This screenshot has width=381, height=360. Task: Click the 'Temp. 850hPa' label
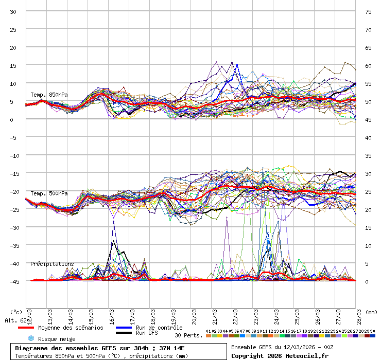point(49,95)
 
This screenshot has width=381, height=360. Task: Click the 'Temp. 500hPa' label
point(49,193)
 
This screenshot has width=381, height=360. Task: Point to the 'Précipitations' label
point(52,264)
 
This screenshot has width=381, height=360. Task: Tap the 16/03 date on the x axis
point(111,315)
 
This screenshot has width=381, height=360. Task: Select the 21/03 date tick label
point(215,315)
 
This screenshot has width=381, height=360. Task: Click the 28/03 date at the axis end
point(359,315)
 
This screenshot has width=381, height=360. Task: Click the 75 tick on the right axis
point(368,11)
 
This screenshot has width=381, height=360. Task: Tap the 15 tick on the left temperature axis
point(13,65)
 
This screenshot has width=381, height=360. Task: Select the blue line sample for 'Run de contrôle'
point(124,328)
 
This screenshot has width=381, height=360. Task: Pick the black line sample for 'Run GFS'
point(124,333)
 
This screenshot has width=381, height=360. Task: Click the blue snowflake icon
point(31,338)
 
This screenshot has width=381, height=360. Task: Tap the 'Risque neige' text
point(57,339)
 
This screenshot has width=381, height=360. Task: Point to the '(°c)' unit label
point(16,312)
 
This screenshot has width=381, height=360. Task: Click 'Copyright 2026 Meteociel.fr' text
point(280,355)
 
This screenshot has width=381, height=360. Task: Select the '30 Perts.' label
point(188,335)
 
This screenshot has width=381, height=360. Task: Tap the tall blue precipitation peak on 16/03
point(113,222)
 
